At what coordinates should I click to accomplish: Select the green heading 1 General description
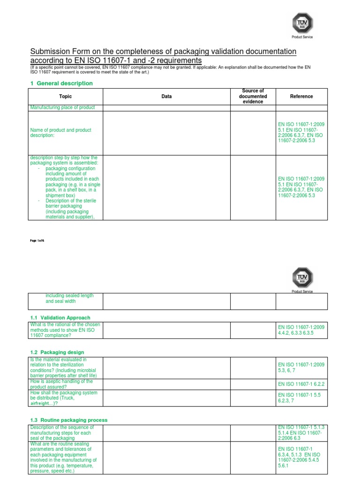click(x=61, y=83)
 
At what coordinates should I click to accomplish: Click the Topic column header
click(x=66, y=97)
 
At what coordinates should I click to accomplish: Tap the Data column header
click(x=166, y=97)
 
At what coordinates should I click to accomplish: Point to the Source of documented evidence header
click(x=253, y=96)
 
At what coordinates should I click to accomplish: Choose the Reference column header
click(x=301, y=97)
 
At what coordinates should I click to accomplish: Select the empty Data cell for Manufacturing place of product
click(x=166, y=107)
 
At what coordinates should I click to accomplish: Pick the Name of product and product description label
click(x=60, y=133)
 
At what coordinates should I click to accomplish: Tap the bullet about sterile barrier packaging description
click(x=71, y=209)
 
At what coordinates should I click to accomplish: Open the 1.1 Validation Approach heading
click(x=60, y=318)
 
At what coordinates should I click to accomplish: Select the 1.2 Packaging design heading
click(x=57, y=352)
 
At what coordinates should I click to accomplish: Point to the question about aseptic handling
click(x=61, y=384)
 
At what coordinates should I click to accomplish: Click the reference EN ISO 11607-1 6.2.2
click(x=301, y=384)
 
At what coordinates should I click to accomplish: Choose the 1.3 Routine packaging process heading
click(x=68, y=420)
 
